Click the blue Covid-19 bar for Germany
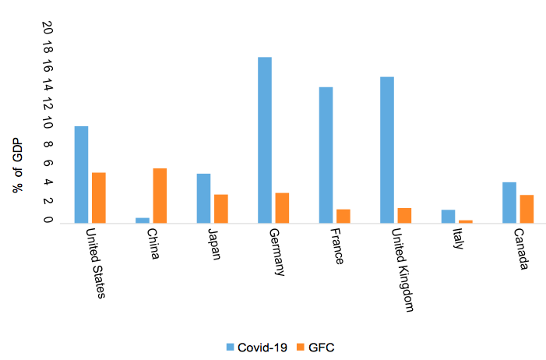(265, 140)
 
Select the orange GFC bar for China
(160, 196)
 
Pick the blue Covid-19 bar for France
(326, 155)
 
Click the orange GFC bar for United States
(98, 198)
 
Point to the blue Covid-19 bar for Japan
(203, 198)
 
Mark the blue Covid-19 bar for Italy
(448, 216)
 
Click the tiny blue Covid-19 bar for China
(143, 220)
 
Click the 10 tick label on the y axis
(48, 125)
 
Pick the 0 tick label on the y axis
(48, 221)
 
